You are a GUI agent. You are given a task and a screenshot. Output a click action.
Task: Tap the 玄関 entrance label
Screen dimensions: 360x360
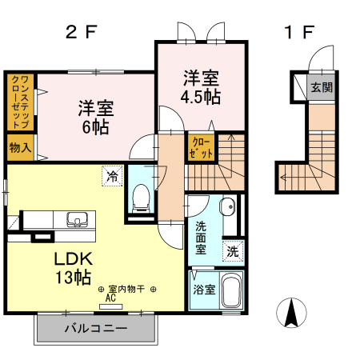coord(322,86)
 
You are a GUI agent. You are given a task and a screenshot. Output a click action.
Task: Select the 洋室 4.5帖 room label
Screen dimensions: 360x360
coord(201,87)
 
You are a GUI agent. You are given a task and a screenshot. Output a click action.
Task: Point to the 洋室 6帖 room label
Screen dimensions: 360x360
coord(95,117)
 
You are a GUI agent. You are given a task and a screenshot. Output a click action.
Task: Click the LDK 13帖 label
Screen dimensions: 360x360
coord(74,268)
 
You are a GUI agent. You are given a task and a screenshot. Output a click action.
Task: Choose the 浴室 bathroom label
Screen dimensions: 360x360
coord(203,290)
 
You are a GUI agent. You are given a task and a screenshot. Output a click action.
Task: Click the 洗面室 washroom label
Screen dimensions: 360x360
coord(201,237)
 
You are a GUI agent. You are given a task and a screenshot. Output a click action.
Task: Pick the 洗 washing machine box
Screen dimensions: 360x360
coord(231,250)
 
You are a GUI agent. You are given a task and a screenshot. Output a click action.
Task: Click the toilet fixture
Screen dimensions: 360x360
coord(141,194)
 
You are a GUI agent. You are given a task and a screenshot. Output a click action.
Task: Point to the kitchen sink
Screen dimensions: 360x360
coord(78,219)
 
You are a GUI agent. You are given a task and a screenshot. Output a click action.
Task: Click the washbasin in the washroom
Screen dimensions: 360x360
coord(227,204)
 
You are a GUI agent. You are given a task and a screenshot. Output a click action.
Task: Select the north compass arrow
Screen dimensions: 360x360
coord(292,311)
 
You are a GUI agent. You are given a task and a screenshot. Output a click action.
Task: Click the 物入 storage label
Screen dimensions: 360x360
coord(20,147)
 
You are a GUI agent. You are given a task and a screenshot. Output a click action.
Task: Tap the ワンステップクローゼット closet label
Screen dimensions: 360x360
coord(20,102)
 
